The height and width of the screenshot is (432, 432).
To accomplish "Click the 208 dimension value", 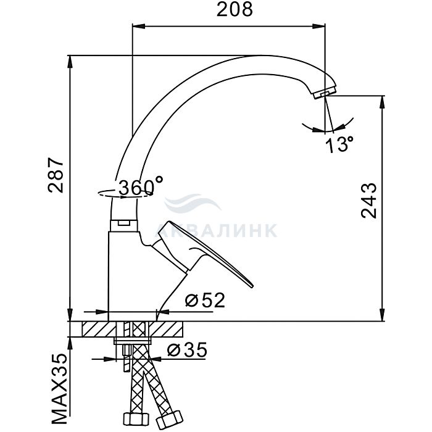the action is coord(235,10).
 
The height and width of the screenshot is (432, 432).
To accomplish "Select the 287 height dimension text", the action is coord(56,175).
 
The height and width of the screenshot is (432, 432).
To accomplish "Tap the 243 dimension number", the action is coord(368,201).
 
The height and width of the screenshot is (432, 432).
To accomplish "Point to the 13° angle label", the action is coord(339,144).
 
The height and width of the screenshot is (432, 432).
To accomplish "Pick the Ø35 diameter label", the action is coord(187,350).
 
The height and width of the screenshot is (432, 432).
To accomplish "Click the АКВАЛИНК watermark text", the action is coord(216,230).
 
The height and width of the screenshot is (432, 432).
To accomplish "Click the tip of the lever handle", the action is coord(252,287).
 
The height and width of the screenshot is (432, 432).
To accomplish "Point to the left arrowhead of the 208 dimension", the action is coord(139,26).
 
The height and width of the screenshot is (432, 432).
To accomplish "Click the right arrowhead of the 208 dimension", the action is coord(319,26).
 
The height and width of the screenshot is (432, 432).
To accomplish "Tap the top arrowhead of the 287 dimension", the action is coord(70,62).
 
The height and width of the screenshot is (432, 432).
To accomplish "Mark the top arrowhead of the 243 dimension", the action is coord(382,102).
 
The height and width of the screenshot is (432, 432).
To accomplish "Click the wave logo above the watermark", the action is coord(193,203).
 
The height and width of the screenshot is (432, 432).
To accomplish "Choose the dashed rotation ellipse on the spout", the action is coord(125,193).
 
